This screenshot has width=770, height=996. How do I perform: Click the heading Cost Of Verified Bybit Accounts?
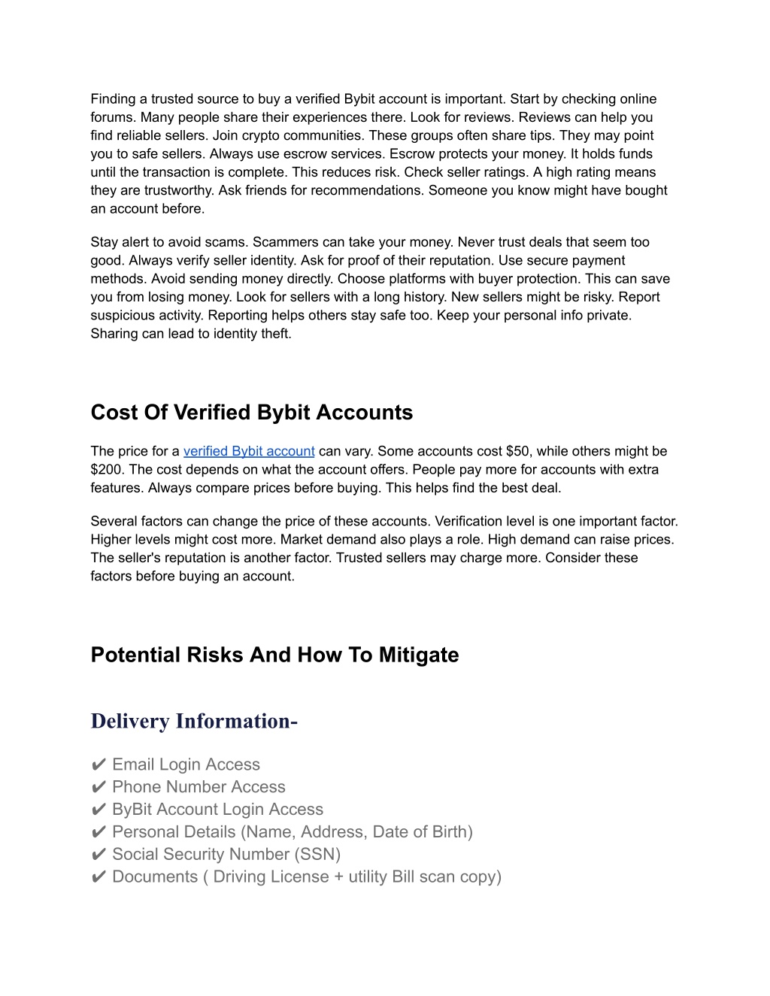tap(251, 413)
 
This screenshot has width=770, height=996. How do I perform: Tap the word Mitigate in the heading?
tap(418, 655)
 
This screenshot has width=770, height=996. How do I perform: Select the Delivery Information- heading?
tap(194, 721)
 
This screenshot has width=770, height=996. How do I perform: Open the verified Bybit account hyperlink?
tap(249, 451)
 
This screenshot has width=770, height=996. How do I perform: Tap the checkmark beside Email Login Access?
tap(99, 765)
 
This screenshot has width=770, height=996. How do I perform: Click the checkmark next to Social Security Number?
tap(99, 855)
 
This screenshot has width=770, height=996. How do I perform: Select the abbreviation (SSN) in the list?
tap(317, 855)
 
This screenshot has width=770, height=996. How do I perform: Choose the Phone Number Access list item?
tap(199, 787)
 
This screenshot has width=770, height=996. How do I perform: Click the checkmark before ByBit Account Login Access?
tap(99, 810)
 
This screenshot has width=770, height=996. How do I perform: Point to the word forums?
tap(113, 117)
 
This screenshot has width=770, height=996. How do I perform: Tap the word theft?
tap(275, 334)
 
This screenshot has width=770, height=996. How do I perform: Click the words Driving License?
tap(271, 877)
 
